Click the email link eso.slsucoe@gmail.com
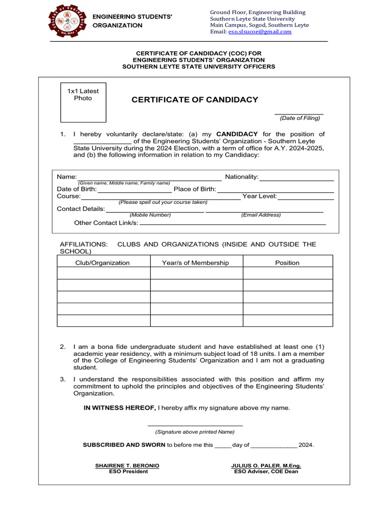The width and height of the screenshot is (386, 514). pos(260,32)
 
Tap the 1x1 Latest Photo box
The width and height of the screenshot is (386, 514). pos(83,102)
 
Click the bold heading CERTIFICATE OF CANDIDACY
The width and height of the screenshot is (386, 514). pos(195,100)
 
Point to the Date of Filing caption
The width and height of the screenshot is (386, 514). pos(300,118)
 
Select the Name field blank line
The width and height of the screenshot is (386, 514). pos(149,179)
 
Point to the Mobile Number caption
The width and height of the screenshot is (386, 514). pos(150,215)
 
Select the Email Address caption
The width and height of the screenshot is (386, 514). pos(261,215)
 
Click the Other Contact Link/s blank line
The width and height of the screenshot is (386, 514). pos(232,223)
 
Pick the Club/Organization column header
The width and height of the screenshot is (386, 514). pos(103,263)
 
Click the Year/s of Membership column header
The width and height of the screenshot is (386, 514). pos(196,263)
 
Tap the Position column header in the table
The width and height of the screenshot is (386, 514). pos(287,263)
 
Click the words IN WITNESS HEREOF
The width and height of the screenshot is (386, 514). pos(120,408)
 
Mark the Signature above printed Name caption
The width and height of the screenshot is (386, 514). pos(195,432)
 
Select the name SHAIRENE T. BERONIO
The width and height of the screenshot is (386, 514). pos(127,466)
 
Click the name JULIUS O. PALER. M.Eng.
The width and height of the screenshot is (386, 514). pos(266,466)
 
